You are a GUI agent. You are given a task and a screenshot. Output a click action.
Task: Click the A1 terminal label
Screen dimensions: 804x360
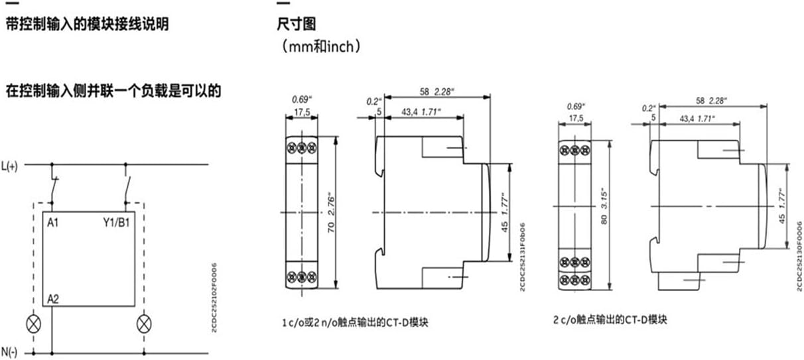click(x=53, y=223)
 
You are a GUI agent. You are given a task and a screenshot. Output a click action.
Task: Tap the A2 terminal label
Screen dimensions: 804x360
click(x=54, y=300)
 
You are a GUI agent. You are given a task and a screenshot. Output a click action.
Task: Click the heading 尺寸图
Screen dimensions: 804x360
click(x=296, y=25)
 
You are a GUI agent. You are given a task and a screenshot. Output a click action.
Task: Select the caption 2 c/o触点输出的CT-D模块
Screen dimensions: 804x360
click(x=610, y=320)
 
